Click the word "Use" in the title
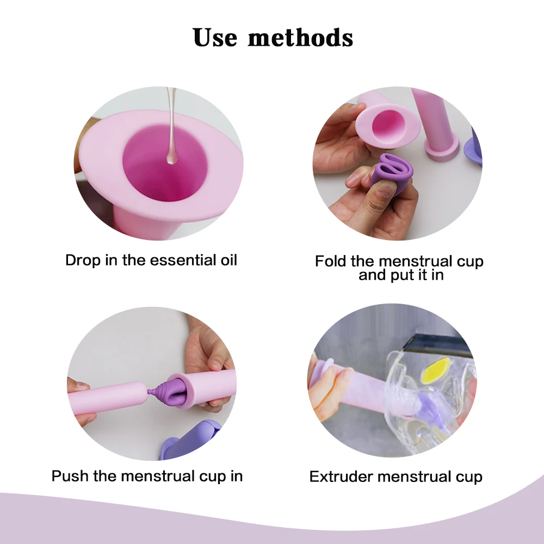click(215, 37)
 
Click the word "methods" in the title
click(301, 37)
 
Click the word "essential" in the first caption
click(184, 259)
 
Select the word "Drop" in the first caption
click(83, 259)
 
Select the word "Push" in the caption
click(70, 476)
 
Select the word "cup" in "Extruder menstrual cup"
click(468, 477)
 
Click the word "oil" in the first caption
click(227, 259)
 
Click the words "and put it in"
click(401, 275)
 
